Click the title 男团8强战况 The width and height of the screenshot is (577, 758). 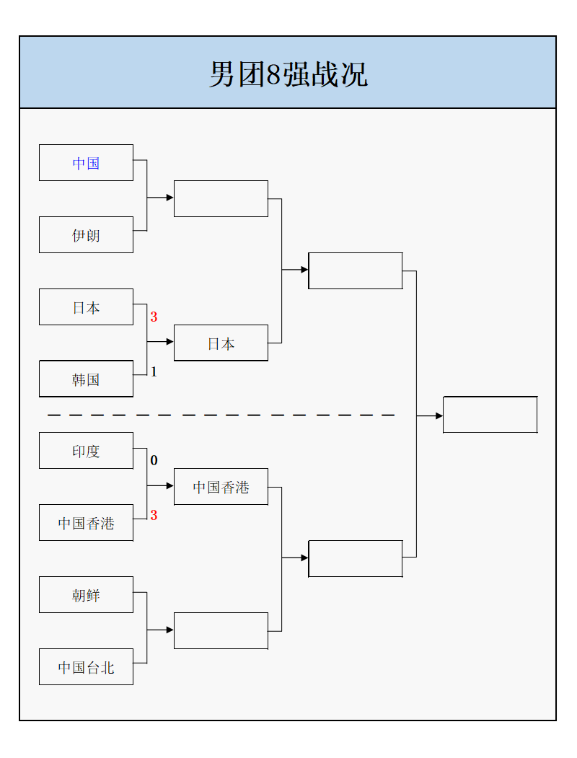click(x=288, y=74)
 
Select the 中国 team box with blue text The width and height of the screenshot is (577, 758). click(x=86, y=163)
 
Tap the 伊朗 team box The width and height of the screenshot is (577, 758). click(x=86, y=235)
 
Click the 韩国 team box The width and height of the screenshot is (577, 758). click(x=86, y=379)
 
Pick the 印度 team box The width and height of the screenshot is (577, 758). click(x=86, y=451)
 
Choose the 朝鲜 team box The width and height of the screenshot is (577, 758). click(x=86, y=595)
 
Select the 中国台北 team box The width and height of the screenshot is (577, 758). click(x=86, y=667)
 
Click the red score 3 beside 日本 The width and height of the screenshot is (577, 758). click(x=154, y=317)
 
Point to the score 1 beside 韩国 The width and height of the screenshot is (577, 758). click(x=154, y=372)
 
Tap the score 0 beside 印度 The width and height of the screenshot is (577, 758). click(x=154, y=461)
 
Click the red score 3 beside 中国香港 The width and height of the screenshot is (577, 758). click(x=154, y=516)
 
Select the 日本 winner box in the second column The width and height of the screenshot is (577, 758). click(x=221, y=343)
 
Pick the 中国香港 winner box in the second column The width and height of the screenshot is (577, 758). click(x=221, y=487)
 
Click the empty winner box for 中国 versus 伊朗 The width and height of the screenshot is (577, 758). click(x=221, y=198)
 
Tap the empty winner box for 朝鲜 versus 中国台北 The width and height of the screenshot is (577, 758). click(x=221, y=630)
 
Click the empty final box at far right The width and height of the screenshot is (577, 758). click(x=490, y=415)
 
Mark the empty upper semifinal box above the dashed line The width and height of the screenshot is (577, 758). click(x=355, y=270)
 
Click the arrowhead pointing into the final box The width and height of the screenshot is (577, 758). click(x=439, y=416)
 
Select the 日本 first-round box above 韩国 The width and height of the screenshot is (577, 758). click(x=86, y=307)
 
